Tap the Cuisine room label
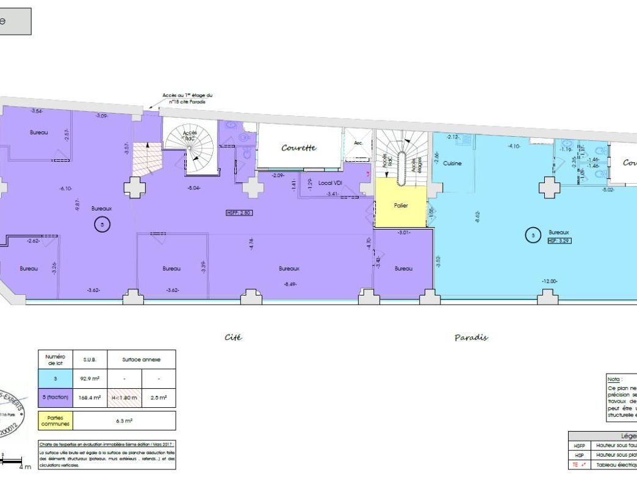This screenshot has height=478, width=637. click(x=452, y=163)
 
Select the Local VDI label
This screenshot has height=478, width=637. click(x=329, y=183)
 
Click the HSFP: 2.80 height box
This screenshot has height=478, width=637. click(x=239, y=213)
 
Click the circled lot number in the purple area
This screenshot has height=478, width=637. click(x=102, y=225)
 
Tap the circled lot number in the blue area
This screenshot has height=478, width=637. click(x=533, y=234)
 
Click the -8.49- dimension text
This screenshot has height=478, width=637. click(x=290, y=284)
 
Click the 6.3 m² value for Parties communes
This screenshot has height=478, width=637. click(x=124, y=421)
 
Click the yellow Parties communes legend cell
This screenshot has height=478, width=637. click(x=56, y=421)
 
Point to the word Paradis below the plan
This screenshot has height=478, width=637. click(x=471, y=338)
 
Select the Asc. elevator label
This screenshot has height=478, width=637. click(x=358, y=142)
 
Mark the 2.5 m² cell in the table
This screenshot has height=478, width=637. click(x=159, y=398)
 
